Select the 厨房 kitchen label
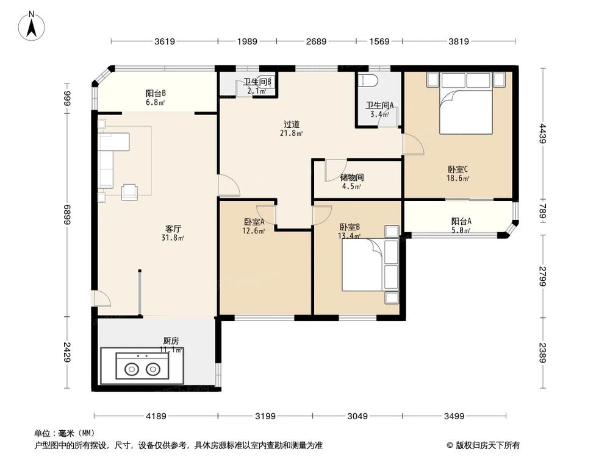tap(171, 341)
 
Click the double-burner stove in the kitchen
tap(142, 368)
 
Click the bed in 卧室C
tap(466, 103)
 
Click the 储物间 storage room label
tap(352, 178)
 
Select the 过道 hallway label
tap(292, 124)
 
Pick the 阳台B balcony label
tap(156, 93)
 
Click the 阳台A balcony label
tap(461, 222)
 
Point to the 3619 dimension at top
tap(165, 41)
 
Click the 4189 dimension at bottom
tap(156, 416)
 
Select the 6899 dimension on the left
tap(68, 214)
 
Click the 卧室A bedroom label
tap(254, 222)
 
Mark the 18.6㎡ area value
tap(457, 179)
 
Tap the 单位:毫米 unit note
tap(64, 434)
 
